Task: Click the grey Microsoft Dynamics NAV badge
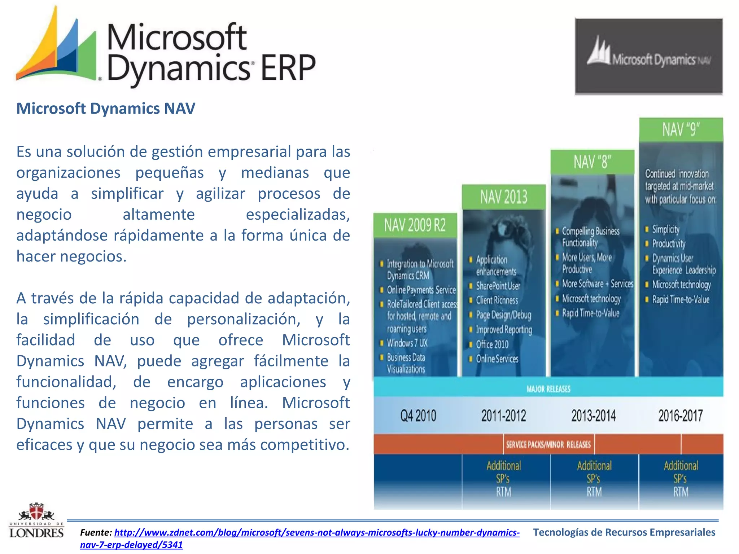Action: [648, 57]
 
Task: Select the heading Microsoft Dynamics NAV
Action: [106, 109]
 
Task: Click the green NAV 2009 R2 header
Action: [415, 225]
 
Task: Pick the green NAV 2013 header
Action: [503, 197]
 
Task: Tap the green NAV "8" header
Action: [592, 162]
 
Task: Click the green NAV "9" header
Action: [681, 129]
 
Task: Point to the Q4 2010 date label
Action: [418, 416]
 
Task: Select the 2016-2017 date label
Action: [681, 416]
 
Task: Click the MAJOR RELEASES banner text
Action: [548, 389]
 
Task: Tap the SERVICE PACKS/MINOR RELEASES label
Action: [548, 444]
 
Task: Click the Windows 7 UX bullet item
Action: [407, 343]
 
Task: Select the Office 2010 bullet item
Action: [492, 344]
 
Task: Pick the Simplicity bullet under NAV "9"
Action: [665, 229]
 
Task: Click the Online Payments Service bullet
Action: [421, 290]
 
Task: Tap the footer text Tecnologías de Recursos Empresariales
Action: [624, 532]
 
